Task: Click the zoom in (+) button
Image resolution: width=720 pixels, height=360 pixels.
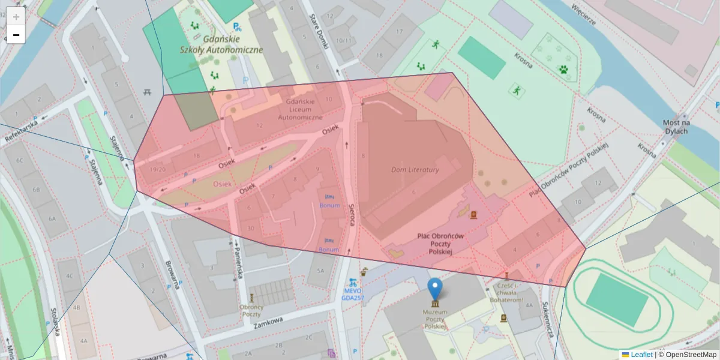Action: (x=16, y=16)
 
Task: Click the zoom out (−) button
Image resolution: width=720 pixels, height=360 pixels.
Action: (x=16, y=34)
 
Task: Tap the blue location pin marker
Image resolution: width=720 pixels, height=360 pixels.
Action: (x=434, y=289)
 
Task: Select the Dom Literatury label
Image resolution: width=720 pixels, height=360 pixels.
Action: (x=415, y=170)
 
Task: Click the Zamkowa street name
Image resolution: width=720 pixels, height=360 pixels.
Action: (x=268, y=323)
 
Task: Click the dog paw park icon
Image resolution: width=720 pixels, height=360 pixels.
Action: (x=563, y=69)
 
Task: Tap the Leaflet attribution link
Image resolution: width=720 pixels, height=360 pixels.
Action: (x=641, y=355)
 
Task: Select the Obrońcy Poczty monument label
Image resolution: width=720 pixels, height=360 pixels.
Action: (x=251, y=310)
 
